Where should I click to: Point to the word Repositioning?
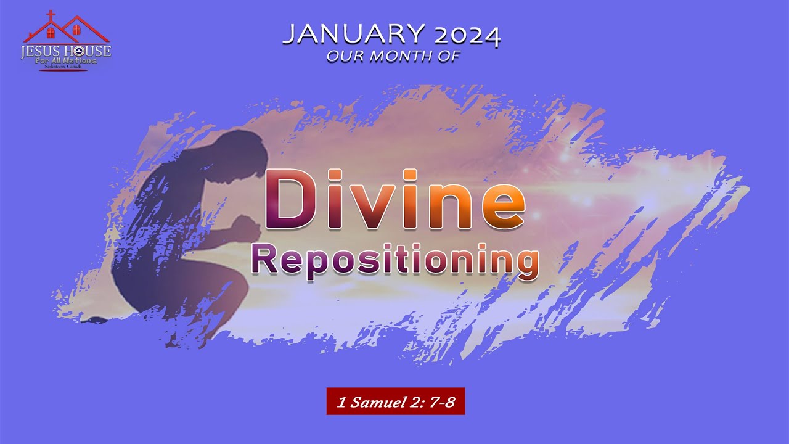click(x=394, y=260)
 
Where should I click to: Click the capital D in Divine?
click(x=290, y=199)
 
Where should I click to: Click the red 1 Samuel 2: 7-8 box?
click(x=395, y=401)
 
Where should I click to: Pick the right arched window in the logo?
click(x=76, y=30)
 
